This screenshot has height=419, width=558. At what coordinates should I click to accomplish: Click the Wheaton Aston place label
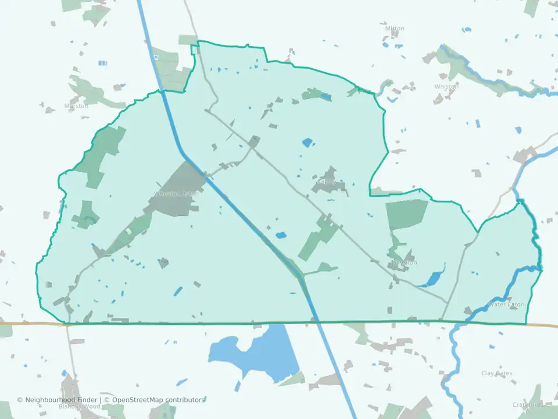[176, 194]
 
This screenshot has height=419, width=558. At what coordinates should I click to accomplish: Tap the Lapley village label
[327, 182]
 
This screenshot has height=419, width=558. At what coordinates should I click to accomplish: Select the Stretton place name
[405, 262]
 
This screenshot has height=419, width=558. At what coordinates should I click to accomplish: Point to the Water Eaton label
[506, 304]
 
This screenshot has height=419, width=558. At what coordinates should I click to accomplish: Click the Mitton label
[395, 29]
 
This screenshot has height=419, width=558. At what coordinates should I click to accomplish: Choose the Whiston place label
[446, 87]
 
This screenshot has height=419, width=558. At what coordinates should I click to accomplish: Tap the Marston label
[76, 106]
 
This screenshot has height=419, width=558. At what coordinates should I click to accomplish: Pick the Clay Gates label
[497, 373]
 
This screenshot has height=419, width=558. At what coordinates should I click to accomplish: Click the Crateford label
[527, 404]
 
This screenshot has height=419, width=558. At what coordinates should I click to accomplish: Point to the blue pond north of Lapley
[307, 142]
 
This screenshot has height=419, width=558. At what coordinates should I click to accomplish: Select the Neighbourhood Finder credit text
[58, 400]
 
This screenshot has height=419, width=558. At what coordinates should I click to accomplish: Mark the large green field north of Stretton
[406, 214]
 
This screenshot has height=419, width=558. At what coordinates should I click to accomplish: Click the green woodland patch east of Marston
[93, 93]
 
